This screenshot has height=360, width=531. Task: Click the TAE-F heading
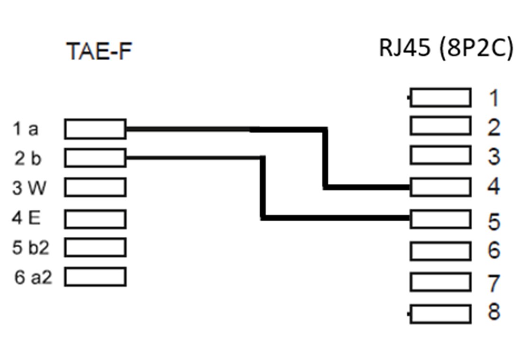pos(98,51)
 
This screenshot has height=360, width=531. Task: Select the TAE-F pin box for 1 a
pos(95,129)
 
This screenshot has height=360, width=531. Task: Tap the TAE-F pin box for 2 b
pos(95,158)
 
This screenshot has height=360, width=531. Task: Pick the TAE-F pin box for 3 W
pos(95,187)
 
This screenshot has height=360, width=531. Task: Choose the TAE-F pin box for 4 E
pos(95,219)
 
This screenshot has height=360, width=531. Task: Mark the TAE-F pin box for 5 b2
pos(95,247)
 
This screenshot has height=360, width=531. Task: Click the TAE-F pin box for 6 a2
pos(95,277)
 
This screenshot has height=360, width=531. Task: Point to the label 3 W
pos(29,188)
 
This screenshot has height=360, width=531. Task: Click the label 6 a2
pos(33,278)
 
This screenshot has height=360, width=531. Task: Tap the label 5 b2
pos(31,248)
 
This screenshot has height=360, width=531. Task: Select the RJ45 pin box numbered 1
pos(440,98)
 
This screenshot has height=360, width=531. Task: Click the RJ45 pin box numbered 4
pos(440,187)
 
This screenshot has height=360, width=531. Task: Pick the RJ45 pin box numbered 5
pos(440,219)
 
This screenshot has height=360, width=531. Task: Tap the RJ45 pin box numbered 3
pos(440,156)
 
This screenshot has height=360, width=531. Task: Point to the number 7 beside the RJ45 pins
pos(494,283)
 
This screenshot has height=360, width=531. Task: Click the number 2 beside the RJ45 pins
pos(494,127)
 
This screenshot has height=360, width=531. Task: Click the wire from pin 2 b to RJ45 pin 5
pos(262,189)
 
